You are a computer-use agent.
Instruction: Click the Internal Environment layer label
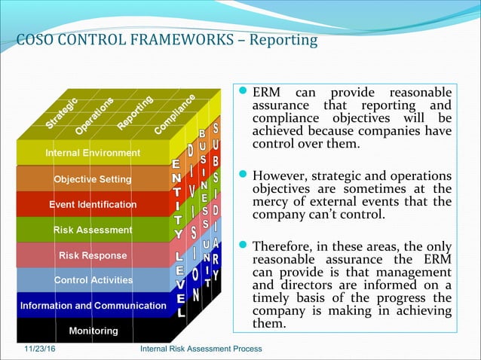(93, 153)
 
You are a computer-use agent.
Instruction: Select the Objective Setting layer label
(92, 179)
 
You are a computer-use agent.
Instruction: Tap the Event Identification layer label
(93, 204)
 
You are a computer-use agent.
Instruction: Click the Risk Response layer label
(93, 255)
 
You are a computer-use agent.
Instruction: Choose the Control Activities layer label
(93, 280)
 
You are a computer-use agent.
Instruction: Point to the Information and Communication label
(93, 306)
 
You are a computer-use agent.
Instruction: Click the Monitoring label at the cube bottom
(93, 331)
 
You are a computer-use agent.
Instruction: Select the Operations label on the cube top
(94, 114)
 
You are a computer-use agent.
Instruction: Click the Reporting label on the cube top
(136, 111)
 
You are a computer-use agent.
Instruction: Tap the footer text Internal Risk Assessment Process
(201, 349)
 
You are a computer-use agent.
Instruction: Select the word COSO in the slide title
(33, 39)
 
